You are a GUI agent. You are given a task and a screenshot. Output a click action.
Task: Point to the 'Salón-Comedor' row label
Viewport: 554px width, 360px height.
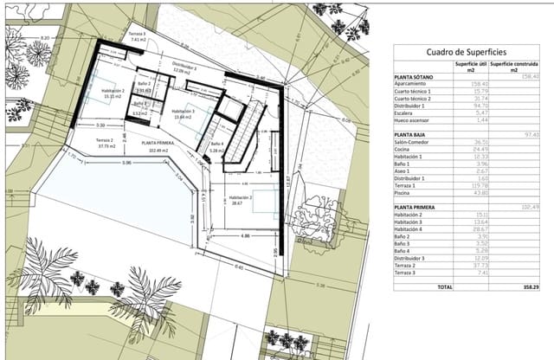[x=415, y=142]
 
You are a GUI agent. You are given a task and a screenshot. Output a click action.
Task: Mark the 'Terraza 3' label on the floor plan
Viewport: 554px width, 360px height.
[x=138, y=35]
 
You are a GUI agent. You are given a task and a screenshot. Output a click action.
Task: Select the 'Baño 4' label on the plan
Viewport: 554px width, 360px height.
[x=216, y=144]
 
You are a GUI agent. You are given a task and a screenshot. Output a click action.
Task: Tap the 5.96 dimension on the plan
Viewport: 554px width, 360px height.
[x=126, y=162]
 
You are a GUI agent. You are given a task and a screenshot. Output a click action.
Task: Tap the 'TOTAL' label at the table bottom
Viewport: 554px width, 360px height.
[x=444, y=286]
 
